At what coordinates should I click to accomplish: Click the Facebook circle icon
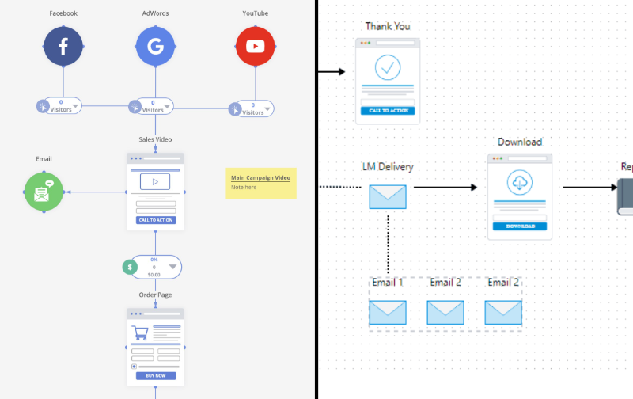point(63,47)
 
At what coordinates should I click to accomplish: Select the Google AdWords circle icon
point(155,47)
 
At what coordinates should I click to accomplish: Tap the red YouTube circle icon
point(255,47)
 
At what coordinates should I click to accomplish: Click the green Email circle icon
point(44,192)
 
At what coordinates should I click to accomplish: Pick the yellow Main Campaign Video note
point(260,183)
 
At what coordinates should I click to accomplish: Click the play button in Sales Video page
point(155,182)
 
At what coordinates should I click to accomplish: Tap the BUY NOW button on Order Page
point(155,375)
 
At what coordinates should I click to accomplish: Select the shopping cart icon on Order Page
point(141,332)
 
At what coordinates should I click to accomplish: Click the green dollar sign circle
point(130,268)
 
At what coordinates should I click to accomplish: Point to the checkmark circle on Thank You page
point(387,67)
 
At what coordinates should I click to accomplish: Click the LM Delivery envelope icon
point(388,196)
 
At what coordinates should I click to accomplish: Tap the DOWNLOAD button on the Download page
point(520,226)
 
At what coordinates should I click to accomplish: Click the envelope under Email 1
point(388,312)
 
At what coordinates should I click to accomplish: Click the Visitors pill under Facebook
point(63,106)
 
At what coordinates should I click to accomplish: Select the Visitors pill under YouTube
point(254,108)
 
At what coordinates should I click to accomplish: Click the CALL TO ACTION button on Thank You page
point(388,110)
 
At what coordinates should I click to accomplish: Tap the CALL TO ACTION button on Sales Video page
point(155,220)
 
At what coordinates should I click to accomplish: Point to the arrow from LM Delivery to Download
point(445,188)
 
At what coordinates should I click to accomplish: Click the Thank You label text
point(388,26)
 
